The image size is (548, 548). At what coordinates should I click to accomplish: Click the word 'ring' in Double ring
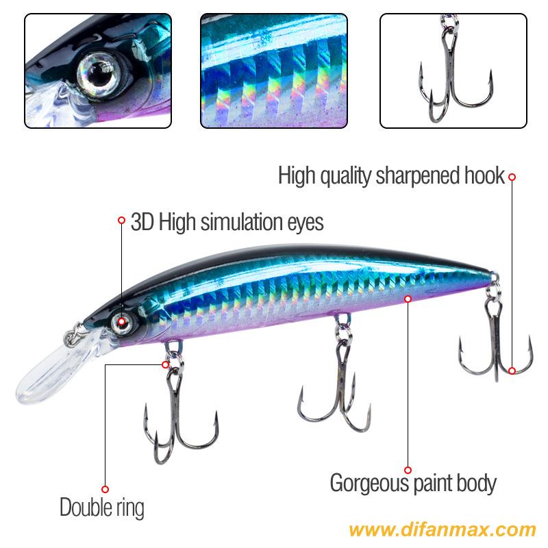[x=130, y=508]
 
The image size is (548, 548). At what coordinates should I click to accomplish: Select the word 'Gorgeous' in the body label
[x=369, y=484]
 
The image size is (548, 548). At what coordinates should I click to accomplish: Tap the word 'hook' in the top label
[x=485, y=175]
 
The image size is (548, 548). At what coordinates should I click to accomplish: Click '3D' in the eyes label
[x=142, y=222]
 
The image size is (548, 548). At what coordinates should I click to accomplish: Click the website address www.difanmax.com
[x=442, y=530]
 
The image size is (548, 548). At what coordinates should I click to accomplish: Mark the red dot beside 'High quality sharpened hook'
[x=512, y=177]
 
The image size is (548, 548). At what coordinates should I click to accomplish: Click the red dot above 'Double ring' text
[x=105, y=489]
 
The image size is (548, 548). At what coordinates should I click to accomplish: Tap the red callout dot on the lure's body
[x=408, y=299]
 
